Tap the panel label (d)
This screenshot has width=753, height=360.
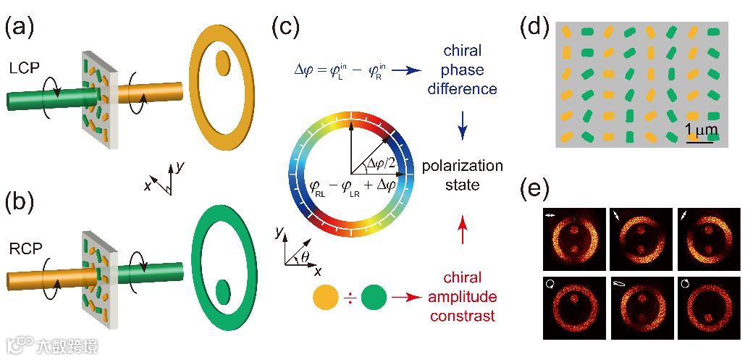pyautogui.click(x=535, y=27)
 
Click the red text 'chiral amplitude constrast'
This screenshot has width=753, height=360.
pyautogui.click(x=464, y=296)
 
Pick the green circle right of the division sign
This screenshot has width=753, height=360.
pyautogui.click(x=374, y=297)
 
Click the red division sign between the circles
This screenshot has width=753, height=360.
pyautogui.click(x=350, y=297)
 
